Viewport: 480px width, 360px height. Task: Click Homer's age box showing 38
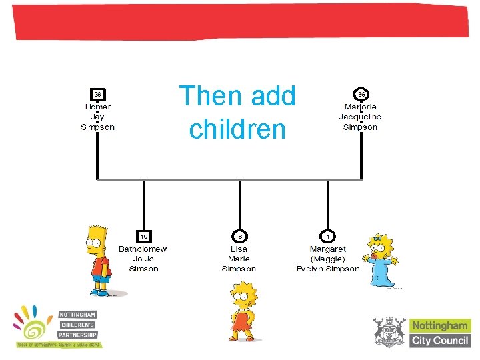coord(97,94)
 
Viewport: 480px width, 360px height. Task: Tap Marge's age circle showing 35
coord(361,94)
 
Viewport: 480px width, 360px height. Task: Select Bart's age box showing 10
coord(144,236)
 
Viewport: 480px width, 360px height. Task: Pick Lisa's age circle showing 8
coord(239,236)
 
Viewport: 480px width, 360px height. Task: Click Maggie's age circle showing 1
coord(328,236)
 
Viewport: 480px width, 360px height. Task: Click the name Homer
coord(98,107)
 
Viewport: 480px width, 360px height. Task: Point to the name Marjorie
coord(360,107)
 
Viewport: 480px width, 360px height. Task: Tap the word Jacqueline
coord(360,117)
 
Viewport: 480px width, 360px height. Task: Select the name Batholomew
coord(143,249)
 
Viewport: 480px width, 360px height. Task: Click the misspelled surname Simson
coord(144,269)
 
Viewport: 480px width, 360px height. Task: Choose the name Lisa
coord(239,249)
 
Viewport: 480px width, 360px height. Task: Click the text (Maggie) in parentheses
coord(327,259)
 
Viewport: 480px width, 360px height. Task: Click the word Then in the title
coord(204,97)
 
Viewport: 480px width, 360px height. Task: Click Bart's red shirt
coord(100,267)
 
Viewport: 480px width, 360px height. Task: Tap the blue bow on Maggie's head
coord(381,237)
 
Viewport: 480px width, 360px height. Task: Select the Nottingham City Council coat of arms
coord(389,332)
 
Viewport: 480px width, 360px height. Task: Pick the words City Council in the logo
coord(441,340)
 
